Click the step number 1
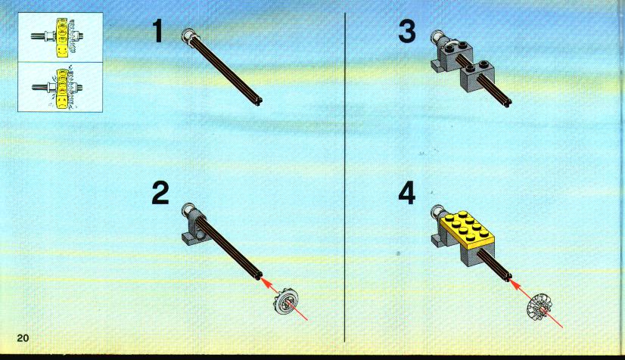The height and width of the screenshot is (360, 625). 158,31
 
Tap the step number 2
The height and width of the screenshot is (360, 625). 160,193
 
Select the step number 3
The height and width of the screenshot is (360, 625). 407,32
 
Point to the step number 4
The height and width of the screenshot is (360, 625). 407,193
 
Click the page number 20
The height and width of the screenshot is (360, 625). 23,338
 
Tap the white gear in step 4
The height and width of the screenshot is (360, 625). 539,307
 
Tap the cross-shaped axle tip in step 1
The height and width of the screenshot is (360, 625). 258,101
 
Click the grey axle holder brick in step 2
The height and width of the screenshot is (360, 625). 194,227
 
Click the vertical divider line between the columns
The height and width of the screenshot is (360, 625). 344,177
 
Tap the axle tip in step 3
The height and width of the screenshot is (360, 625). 507,103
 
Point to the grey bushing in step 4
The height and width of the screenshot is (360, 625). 437,213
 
